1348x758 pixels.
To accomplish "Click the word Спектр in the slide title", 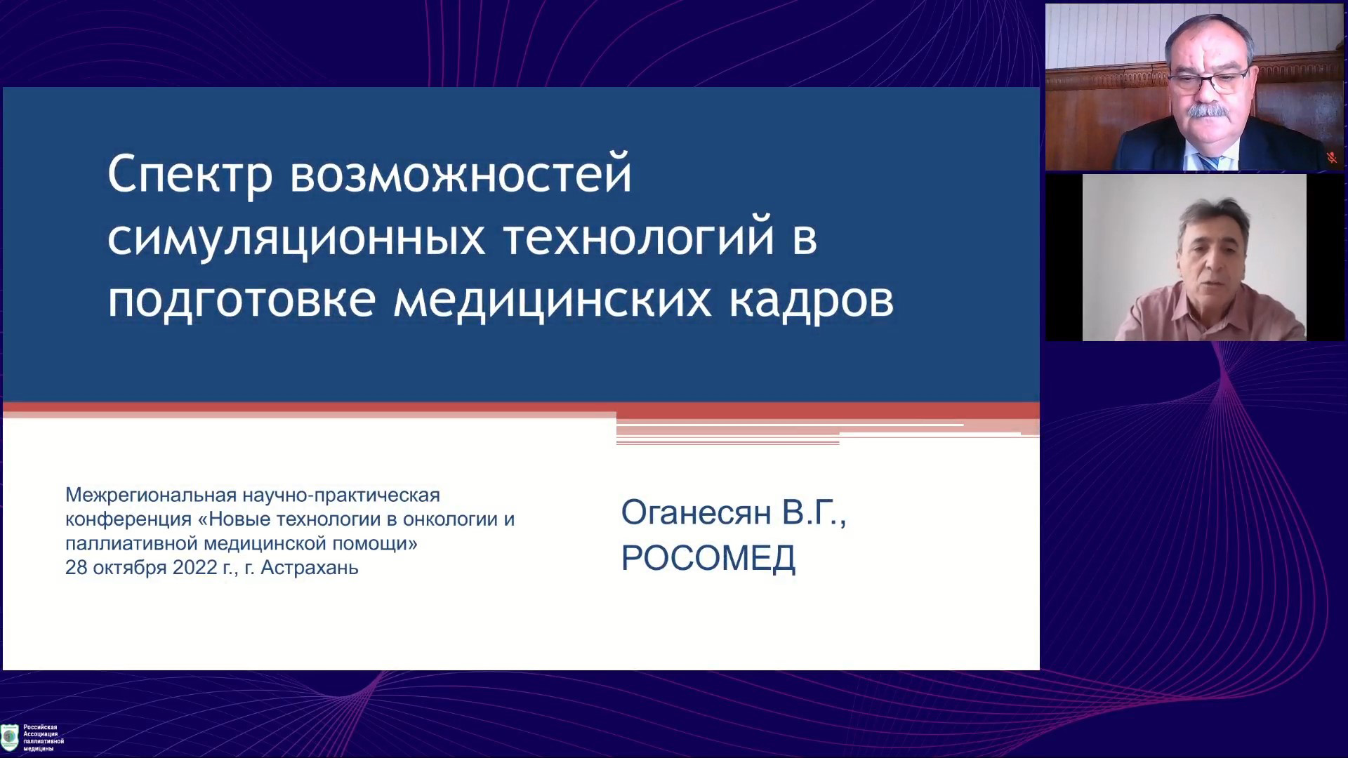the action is click(x=190, y=175).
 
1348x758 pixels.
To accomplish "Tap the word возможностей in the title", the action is click(x=461, y=174).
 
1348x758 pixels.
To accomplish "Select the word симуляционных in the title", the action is click(x=296, y=239).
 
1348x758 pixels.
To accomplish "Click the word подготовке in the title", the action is click(x=242, y=300).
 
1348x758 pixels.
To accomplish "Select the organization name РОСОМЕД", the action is click(x=708, y=559).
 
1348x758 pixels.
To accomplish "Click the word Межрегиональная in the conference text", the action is click(x=151, y=496).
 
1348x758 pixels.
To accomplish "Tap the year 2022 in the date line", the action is click(x=194, y=567).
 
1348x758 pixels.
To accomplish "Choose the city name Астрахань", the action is click(x=310, y=567).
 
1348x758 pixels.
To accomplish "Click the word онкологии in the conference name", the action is click(x=448, y=519).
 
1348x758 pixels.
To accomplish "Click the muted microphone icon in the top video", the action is click(x=1331, y=158).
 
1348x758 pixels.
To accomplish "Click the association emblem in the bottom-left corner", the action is click(x=10, y=737).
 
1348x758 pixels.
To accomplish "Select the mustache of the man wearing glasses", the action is click(x=1205, y=111).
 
